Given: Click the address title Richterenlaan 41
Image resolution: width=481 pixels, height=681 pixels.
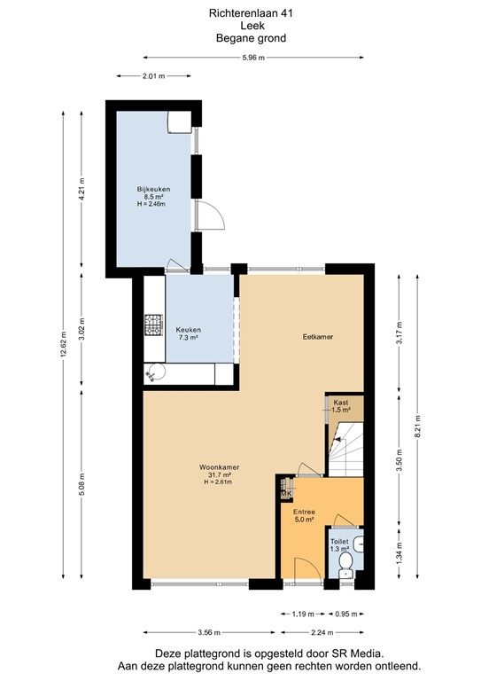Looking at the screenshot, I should (x=239, y=13).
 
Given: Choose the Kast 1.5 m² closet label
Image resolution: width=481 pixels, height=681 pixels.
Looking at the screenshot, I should (x=341, y=406).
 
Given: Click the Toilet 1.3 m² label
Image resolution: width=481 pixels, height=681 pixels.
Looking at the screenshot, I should (x=339, y=545).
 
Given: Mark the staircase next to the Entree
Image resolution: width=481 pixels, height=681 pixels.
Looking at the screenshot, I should (x=346, y=450).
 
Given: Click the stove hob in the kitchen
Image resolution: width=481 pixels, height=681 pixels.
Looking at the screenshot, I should (x=153, y=326).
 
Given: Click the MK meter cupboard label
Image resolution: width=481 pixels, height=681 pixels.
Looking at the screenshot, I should (x=286, y=494).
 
